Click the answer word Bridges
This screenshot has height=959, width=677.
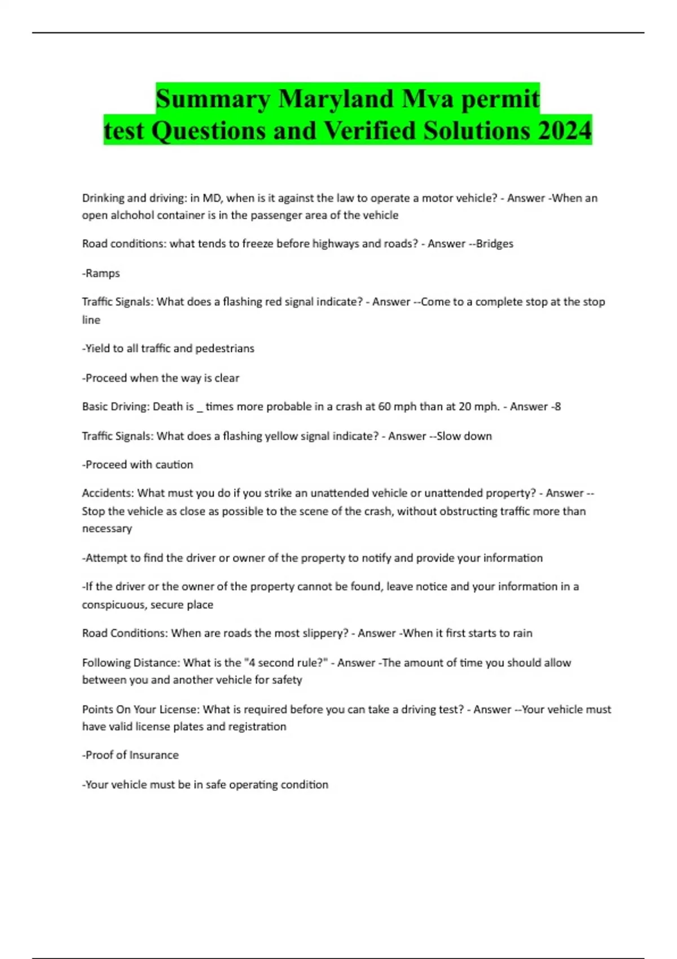click(495, 244)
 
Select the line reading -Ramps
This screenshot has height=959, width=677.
click(101, 273)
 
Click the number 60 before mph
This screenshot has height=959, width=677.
click(384, 406)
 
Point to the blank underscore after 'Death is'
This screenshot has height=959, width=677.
click(200, 407)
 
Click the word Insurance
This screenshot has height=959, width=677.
click(154, 755)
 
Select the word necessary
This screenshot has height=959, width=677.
click(107, 529)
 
